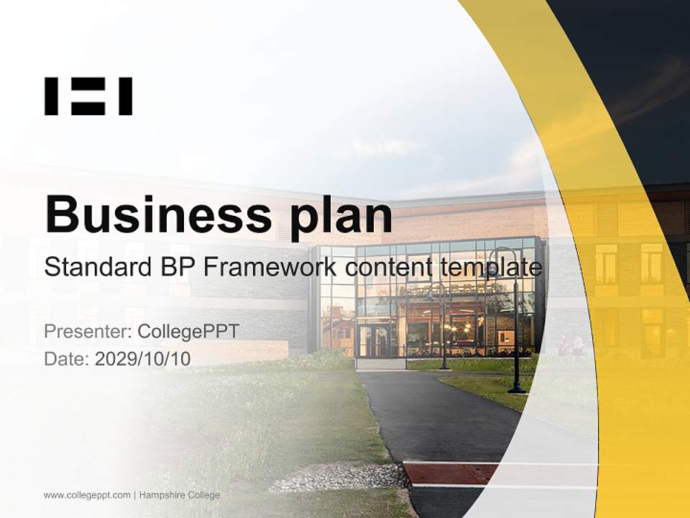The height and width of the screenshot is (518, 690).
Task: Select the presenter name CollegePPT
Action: tap(188, 332)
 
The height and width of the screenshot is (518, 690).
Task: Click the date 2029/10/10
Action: tap(143, 358)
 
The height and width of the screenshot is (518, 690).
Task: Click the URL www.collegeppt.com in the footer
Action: tap(87, 495)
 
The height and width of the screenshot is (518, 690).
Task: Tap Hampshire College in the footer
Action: tap(180, 495)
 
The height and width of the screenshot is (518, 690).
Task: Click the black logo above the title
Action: tap(88, 96)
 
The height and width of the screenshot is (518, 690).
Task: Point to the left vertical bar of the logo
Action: tap(51, 96)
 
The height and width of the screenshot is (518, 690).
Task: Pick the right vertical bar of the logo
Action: tap(126, 96)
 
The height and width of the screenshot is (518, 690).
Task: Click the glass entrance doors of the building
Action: tap(374, 340)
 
